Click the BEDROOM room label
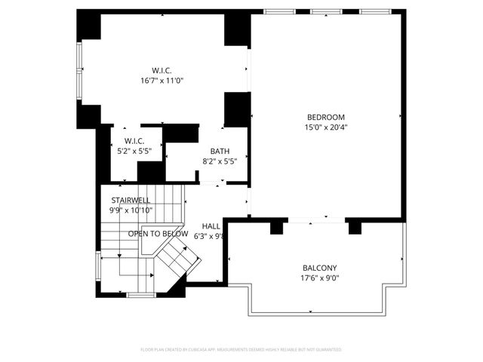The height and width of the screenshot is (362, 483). tap(326, 117)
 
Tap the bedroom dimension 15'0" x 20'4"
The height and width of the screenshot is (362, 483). tap(326, 127)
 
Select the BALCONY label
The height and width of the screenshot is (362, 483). tap(320, 268)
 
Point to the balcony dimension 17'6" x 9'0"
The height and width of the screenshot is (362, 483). tap(320, 278)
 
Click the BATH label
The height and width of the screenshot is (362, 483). tap(220, 151)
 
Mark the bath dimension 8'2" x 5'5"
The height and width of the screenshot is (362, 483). tap(220, 161)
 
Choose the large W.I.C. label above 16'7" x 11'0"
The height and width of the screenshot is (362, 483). tap(162, 70)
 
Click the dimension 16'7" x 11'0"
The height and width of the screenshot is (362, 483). tap(162, 81)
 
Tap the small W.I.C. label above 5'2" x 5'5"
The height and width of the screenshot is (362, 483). tap(134, 141)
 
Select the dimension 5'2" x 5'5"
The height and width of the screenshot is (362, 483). tap(134, 151)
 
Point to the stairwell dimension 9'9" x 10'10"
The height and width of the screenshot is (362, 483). tap(130, 210)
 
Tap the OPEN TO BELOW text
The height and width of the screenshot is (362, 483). tap(158, 234)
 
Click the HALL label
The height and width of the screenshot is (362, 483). tap(211, 225)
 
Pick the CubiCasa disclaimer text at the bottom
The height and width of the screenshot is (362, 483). tap(241, 350)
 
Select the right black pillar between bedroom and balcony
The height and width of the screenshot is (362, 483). tap(353, 226)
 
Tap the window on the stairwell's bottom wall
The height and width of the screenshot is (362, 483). tap(140, 294)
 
